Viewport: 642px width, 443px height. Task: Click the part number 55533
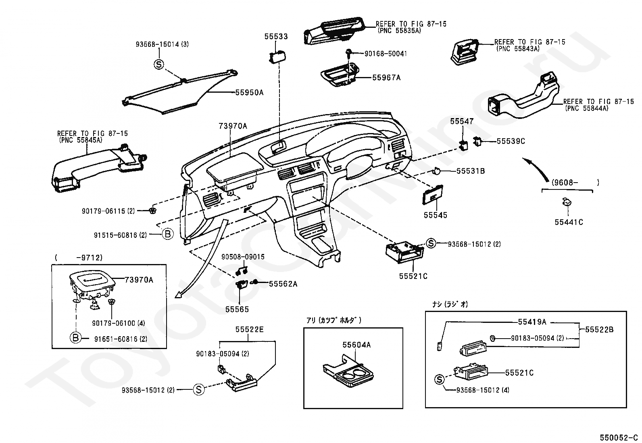click(276, 37)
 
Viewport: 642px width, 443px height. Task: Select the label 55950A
click(249, 92)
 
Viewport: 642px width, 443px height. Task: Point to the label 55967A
click(386, 77)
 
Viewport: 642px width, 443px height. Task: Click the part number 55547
click(462, 121)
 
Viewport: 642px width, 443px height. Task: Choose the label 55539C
click(511, 141)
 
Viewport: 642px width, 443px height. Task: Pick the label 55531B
click(470, 171)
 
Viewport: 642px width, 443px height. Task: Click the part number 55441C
click(569, 222)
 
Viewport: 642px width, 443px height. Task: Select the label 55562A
click(283, 284)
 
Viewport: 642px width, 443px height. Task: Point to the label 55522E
click(249, 330)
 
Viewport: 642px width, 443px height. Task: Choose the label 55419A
click(532, 322)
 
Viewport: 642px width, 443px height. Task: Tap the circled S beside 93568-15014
click(159, 64)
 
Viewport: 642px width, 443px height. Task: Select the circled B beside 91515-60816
click(167, 234)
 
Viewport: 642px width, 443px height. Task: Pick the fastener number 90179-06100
click(113, 323)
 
